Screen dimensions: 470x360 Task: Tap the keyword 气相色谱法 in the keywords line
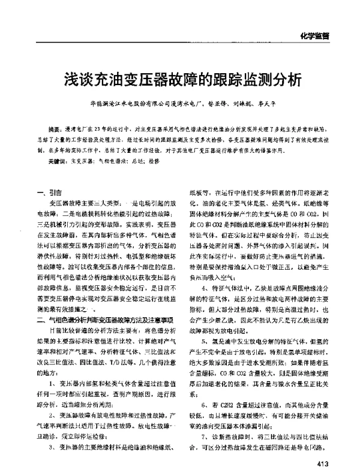point(112,161)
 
